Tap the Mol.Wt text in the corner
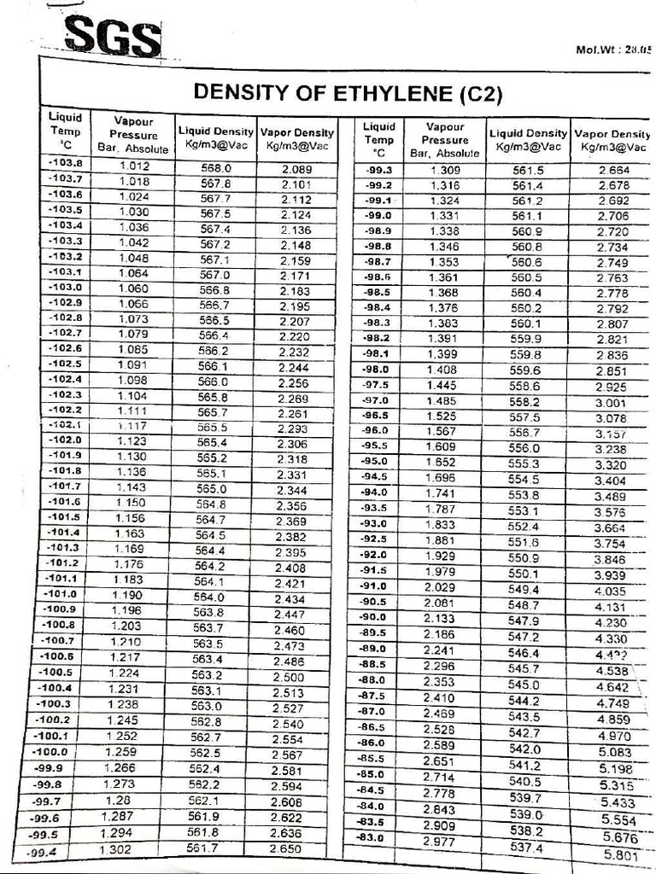[x=614, y=50]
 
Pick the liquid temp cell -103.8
[x=65, y=163]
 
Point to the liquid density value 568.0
[x=215, y=168]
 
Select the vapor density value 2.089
[x=296, y=169]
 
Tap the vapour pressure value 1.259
[x=120, y=752]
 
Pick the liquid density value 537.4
[x=526, y=847]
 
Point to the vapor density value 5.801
[x=620, y=854]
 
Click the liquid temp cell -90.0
[x=374, y=617]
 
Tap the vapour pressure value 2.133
[x=439, y=618]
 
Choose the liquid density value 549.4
[x=524, y=589]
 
